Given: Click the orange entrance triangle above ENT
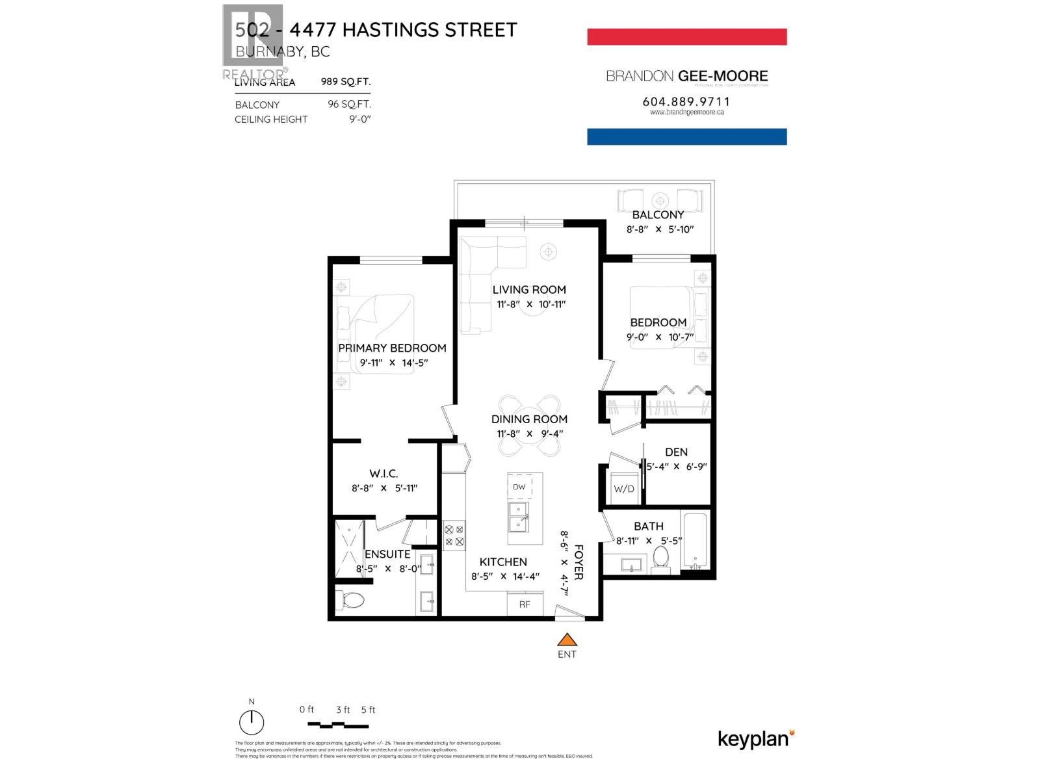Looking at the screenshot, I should [567, 639].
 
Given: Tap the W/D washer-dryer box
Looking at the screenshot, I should [624, 489].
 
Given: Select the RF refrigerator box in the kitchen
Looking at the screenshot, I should [525, 604].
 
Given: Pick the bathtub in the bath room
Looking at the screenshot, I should [695, 541].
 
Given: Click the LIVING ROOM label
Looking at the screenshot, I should [529, 290].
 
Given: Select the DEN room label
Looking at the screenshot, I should [676, 452].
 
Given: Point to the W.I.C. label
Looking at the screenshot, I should [383, 474].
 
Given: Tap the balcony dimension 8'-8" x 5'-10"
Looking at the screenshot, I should [660, 229].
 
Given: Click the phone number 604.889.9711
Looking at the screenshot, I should [686, 101].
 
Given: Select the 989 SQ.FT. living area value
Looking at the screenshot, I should [346, 82].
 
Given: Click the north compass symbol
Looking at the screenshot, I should [252, 722].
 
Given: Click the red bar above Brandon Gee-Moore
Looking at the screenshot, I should [686, 36].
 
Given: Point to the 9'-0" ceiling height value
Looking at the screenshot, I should [359, 119].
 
